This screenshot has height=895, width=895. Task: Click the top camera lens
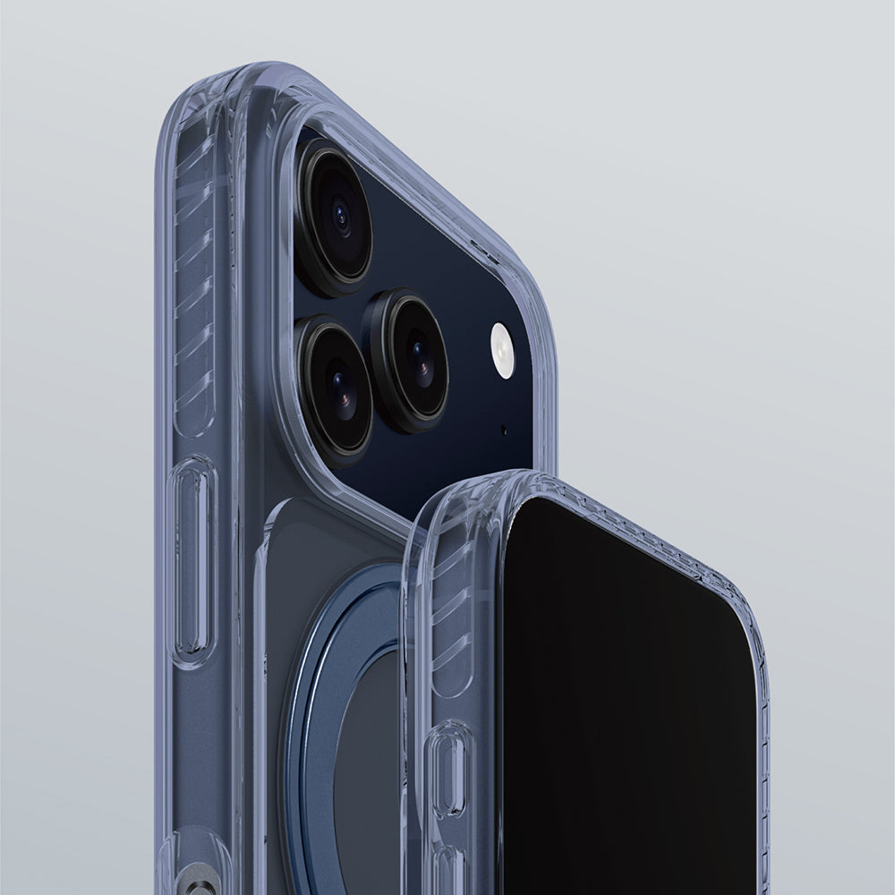pos(335,217)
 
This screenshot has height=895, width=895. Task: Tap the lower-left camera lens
pos(335,387)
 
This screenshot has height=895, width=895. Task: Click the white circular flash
pos(503,350)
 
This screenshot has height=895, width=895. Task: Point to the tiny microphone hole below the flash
pos(503,430)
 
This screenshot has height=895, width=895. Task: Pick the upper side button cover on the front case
pos(449,770)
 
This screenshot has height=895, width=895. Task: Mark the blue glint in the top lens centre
pos(340,216)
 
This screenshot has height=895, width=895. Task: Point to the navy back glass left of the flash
pos(447,268)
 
